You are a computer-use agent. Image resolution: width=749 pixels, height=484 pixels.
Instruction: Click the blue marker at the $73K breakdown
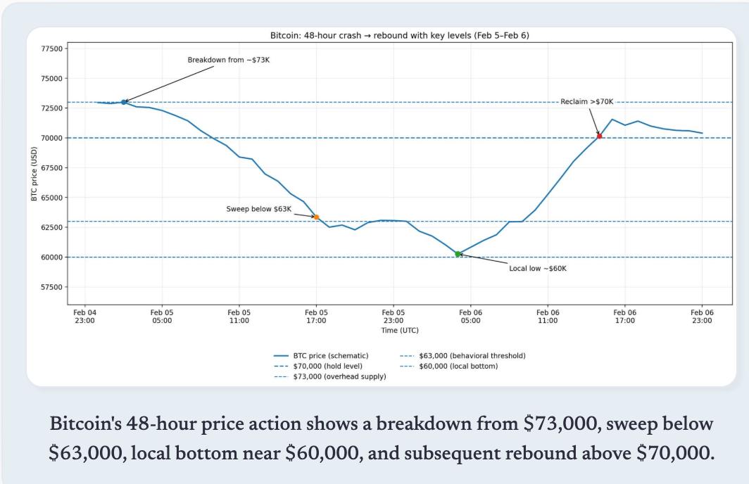[x=124, y=102]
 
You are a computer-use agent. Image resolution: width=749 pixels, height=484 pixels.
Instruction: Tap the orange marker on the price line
[x=316, y=217]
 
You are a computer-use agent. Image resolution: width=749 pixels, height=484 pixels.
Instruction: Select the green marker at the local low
[x=458, y=254]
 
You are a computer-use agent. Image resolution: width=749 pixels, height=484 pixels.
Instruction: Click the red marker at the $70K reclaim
[x=599, y=136]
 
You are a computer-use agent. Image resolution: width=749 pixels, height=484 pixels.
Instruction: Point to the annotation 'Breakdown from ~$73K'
[x=228, y=60]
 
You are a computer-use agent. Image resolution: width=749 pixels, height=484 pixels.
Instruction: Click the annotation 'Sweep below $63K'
[x=258, y=209]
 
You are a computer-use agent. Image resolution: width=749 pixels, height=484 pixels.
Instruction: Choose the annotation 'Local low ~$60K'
[x=537, y=268]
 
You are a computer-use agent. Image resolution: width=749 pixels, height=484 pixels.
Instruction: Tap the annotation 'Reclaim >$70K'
[x=587, y=102]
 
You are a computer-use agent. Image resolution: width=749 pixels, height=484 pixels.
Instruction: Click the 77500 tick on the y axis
[x=53, y=49]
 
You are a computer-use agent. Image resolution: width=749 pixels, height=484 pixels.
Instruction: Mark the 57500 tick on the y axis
[x=53, y=287]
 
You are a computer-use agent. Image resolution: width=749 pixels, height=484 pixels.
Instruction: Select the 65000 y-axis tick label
[x=53, y=198]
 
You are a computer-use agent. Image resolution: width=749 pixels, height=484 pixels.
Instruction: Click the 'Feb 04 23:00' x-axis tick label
[x=84, y=316]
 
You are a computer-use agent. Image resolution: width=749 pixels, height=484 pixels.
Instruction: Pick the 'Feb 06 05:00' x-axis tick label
[x=470, y=316]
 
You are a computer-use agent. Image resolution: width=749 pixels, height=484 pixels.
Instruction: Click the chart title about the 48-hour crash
[x=399, y=35]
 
